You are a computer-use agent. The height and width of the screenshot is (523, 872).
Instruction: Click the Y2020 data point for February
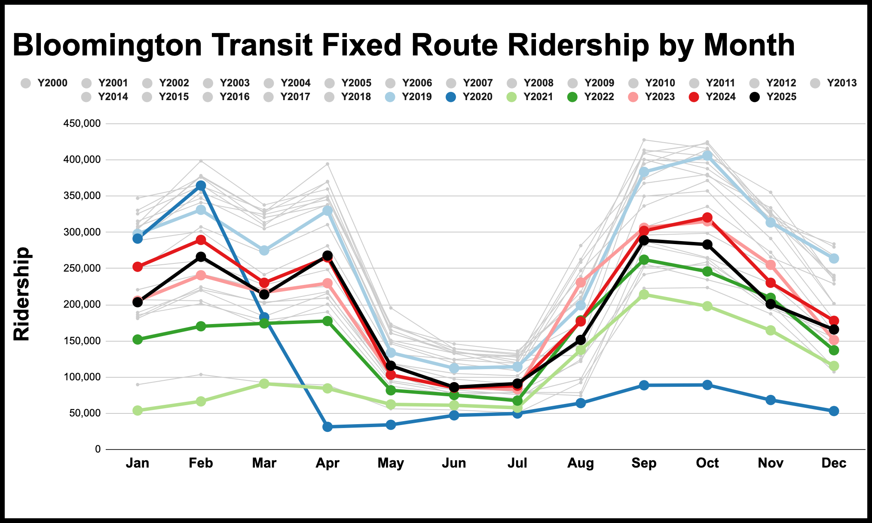point(201,186)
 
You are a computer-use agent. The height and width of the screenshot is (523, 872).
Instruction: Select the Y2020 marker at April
point(327,427)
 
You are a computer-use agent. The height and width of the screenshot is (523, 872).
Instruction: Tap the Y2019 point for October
point(707,156)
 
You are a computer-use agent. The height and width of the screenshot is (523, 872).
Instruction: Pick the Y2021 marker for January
point(138,410)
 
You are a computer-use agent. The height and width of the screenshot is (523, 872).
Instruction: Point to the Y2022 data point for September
point(644,260)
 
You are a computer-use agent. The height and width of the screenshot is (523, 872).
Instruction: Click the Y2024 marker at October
point(707,217)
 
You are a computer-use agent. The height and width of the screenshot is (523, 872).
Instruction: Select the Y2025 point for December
point(834,330)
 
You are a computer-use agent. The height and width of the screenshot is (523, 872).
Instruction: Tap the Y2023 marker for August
point(581,282)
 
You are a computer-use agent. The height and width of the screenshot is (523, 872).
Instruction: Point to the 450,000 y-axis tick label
point(82,124)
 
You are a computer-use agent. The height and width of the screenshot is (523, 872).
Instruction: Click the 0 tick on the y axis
point(98,450)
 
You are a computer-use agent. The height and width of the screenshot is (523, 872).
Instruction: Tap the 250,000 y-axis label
point(82,269)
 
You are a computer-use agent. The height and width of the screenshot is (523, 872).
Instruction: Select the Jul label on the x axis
point(517,463)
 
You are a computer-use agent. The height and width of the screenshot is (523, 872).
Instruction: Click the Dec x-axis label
point(834,463)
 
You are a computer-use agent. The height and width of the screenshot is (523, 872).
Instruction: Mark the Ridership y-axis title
point(21,294)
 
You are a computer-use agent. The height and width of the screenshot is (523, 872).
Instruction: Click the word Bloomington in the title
point(107,46)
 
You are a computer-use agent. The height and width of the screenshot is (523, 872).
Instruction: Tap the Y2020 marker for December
point(834,411)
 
